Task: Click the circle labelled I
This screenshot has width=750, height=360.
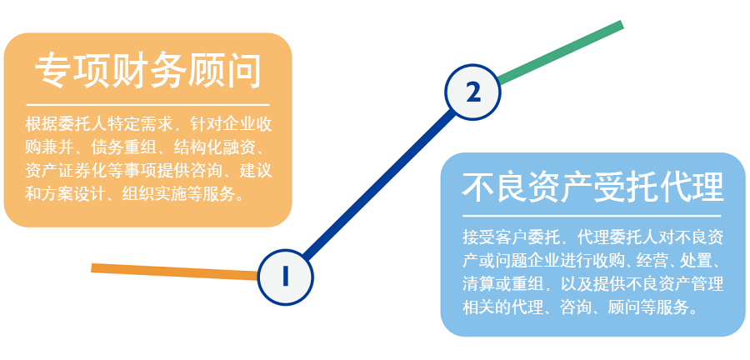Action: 285,275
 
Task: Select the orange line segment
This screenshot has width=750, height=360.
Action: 175,270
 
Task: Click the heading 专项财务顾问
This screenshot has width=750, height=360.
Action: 148,72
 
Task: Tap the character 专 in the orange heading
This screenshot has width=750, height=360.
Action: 52,72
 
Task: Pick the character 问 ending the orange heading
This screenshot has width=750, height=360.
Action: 243,72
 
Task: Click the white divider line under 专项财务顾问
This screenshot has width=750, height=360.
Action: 148,105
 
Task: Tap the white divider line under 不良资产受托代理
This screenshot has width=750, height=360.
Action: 592,216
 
